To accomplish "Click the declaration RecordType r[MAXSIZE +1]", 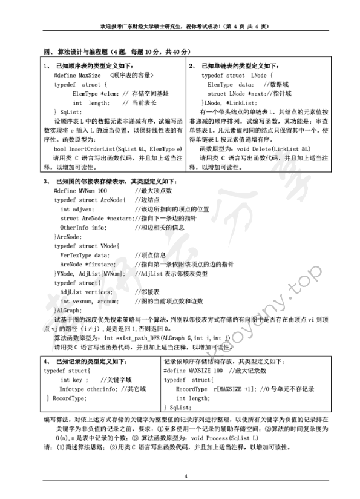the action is pyautogui.click(x=218, y=389).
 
